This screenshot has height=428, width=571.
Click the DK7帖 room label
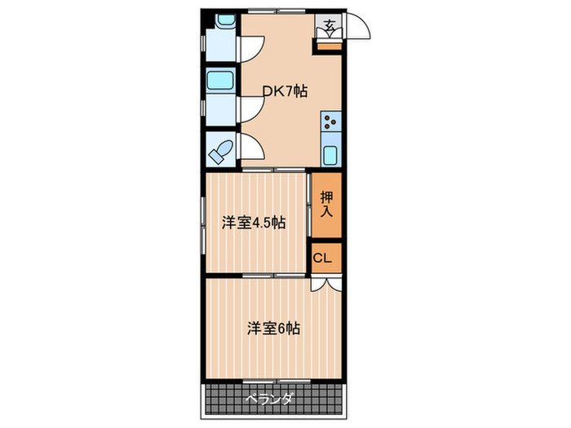(284, 92)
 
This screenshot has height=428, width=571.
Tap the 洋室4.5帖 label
(254, 222)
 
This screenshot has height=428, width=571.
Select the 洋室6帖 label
(274, 329)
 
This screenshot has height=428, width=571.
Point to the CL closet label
(323, 258)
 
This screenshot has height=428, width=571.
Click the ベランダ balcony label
(269, 399)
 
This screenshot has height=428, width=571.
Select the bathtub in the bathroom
(220, 80)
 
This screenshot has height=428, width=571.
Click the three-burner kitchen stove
(330, 123)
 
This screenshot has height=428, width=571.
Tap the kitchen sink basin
(330, 153)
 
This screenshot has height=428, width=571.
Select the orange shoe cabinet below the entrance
(329, 45)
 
